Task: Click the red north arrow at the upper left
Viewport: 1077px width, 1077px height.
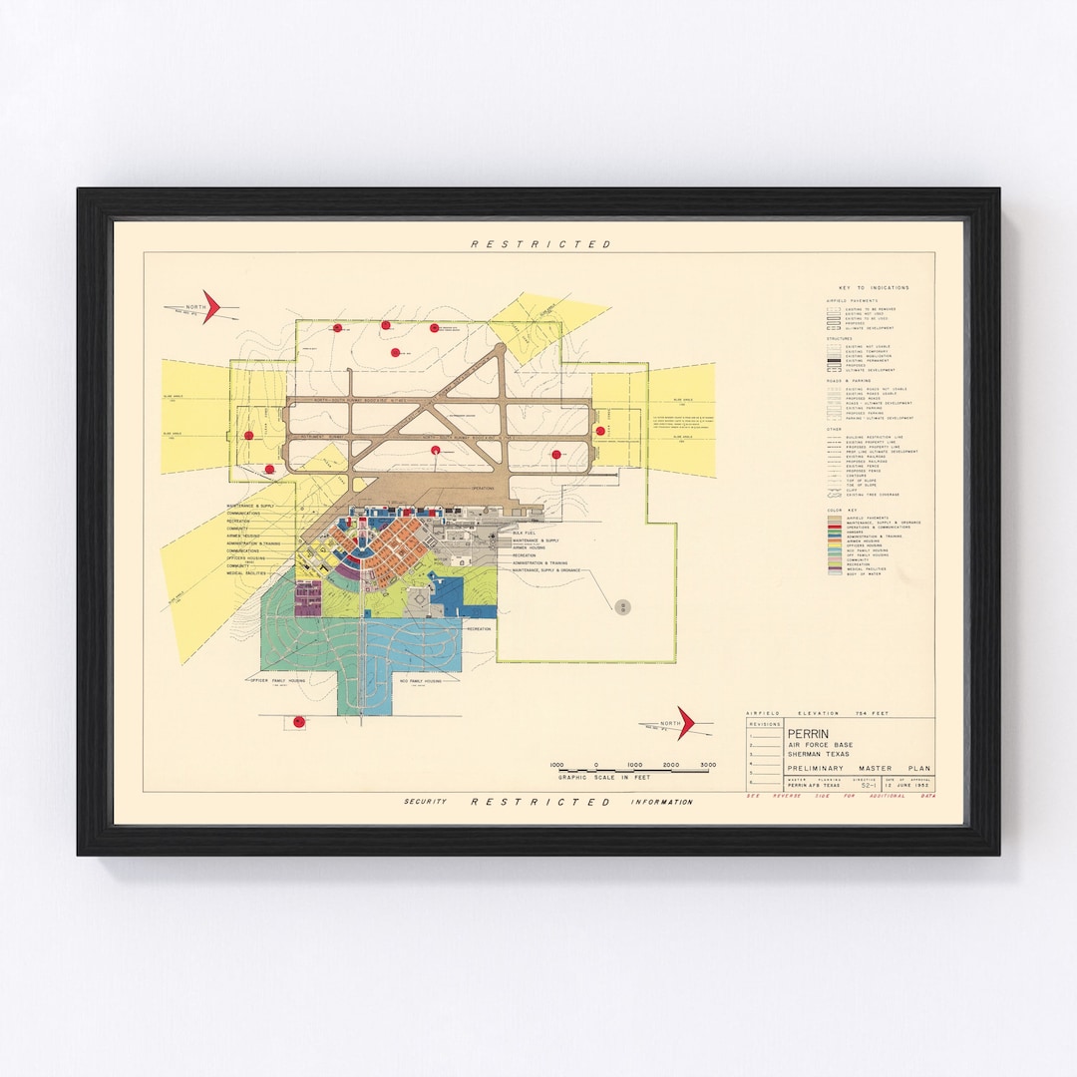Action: tap(209, 307)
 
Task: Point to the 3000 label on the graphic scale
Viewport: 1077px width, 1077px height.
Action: tap(708, 765)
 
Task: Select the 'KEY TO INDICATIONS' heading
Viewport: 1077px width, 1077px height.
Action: tap(875, 287)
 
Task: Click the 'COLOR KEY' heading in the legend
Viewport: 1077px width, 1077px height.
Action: tap(842, 511)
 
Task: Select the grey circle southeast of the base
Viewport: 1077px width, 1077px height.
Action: tap(623, 606)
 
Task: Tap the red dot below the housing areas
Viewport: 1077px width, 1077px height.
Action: tap(297, 722)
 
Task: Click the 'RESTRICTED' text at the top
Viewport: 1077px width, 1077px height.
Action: tap(540, 244)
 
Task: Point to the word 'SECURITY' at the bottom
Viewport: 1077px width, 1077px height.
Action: tap(425, 802)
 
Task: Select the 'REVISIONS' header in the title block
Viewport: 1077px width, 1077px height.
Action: tap(765, 724)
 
